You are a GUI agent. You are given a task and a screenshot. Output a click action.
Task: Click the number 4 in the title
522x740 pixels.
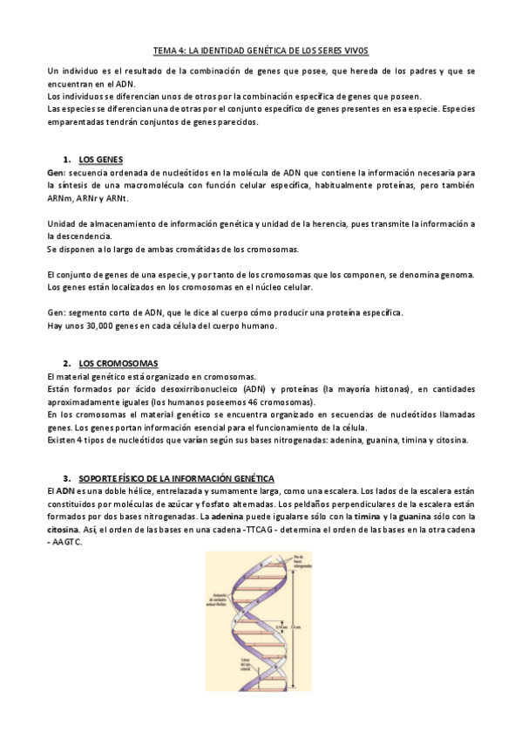(182, 51)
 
